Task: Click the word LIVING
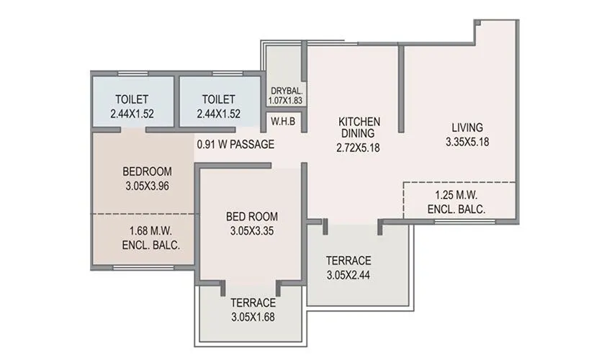(468, 128)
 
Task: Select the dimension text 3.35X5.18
(468, 142)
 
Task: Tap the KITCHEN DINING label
(359, 127)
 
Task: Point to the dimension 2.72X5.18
(359, 148)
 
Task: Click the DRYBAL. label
(286, 91)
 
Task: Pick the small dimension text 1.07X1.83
(286, 102)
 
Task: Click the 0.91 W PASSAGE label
(235, 145)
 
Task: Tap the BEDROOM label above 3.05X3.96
(147, 171)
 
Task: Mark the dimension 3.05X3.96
(147, 185)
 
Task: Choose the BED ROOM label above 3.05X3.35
(252, 217)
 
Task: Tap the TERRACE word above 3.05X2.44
(348, 260)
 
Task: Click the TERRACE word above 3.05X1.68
(252, 302)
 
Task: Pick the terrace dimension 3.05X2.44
(348, 274)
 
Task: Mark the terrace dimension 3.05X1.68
(252, 316)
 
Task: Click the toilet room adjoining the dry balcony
(219, 105)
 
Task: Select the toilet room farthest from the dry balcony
(132, 105)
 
